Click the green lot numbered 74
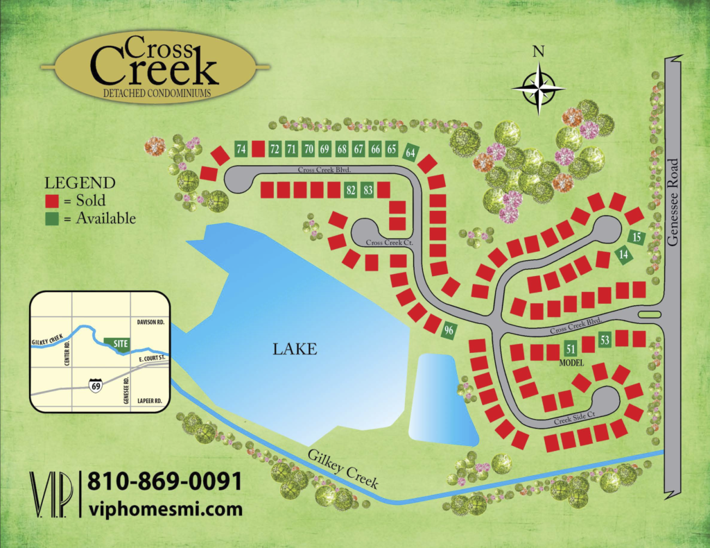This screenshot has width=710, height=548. click(241, 149)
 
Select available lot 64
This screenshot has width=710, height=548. click(410, 152)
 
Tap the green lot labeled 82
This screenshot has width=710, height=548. click(351, 190)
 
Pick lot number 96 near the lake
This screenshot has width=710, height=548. click(449, 330)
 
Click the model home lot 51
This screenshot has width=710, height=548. click(571, 349)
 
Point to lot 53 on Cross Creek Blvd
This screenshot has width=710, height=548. click(605, 340)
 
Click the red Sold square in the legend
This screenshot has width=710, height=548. click(51, 202)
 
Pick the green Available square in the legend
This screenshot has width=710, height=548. click(51, 218)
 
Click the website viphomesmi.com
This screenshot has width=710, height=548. click(166, 508)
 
